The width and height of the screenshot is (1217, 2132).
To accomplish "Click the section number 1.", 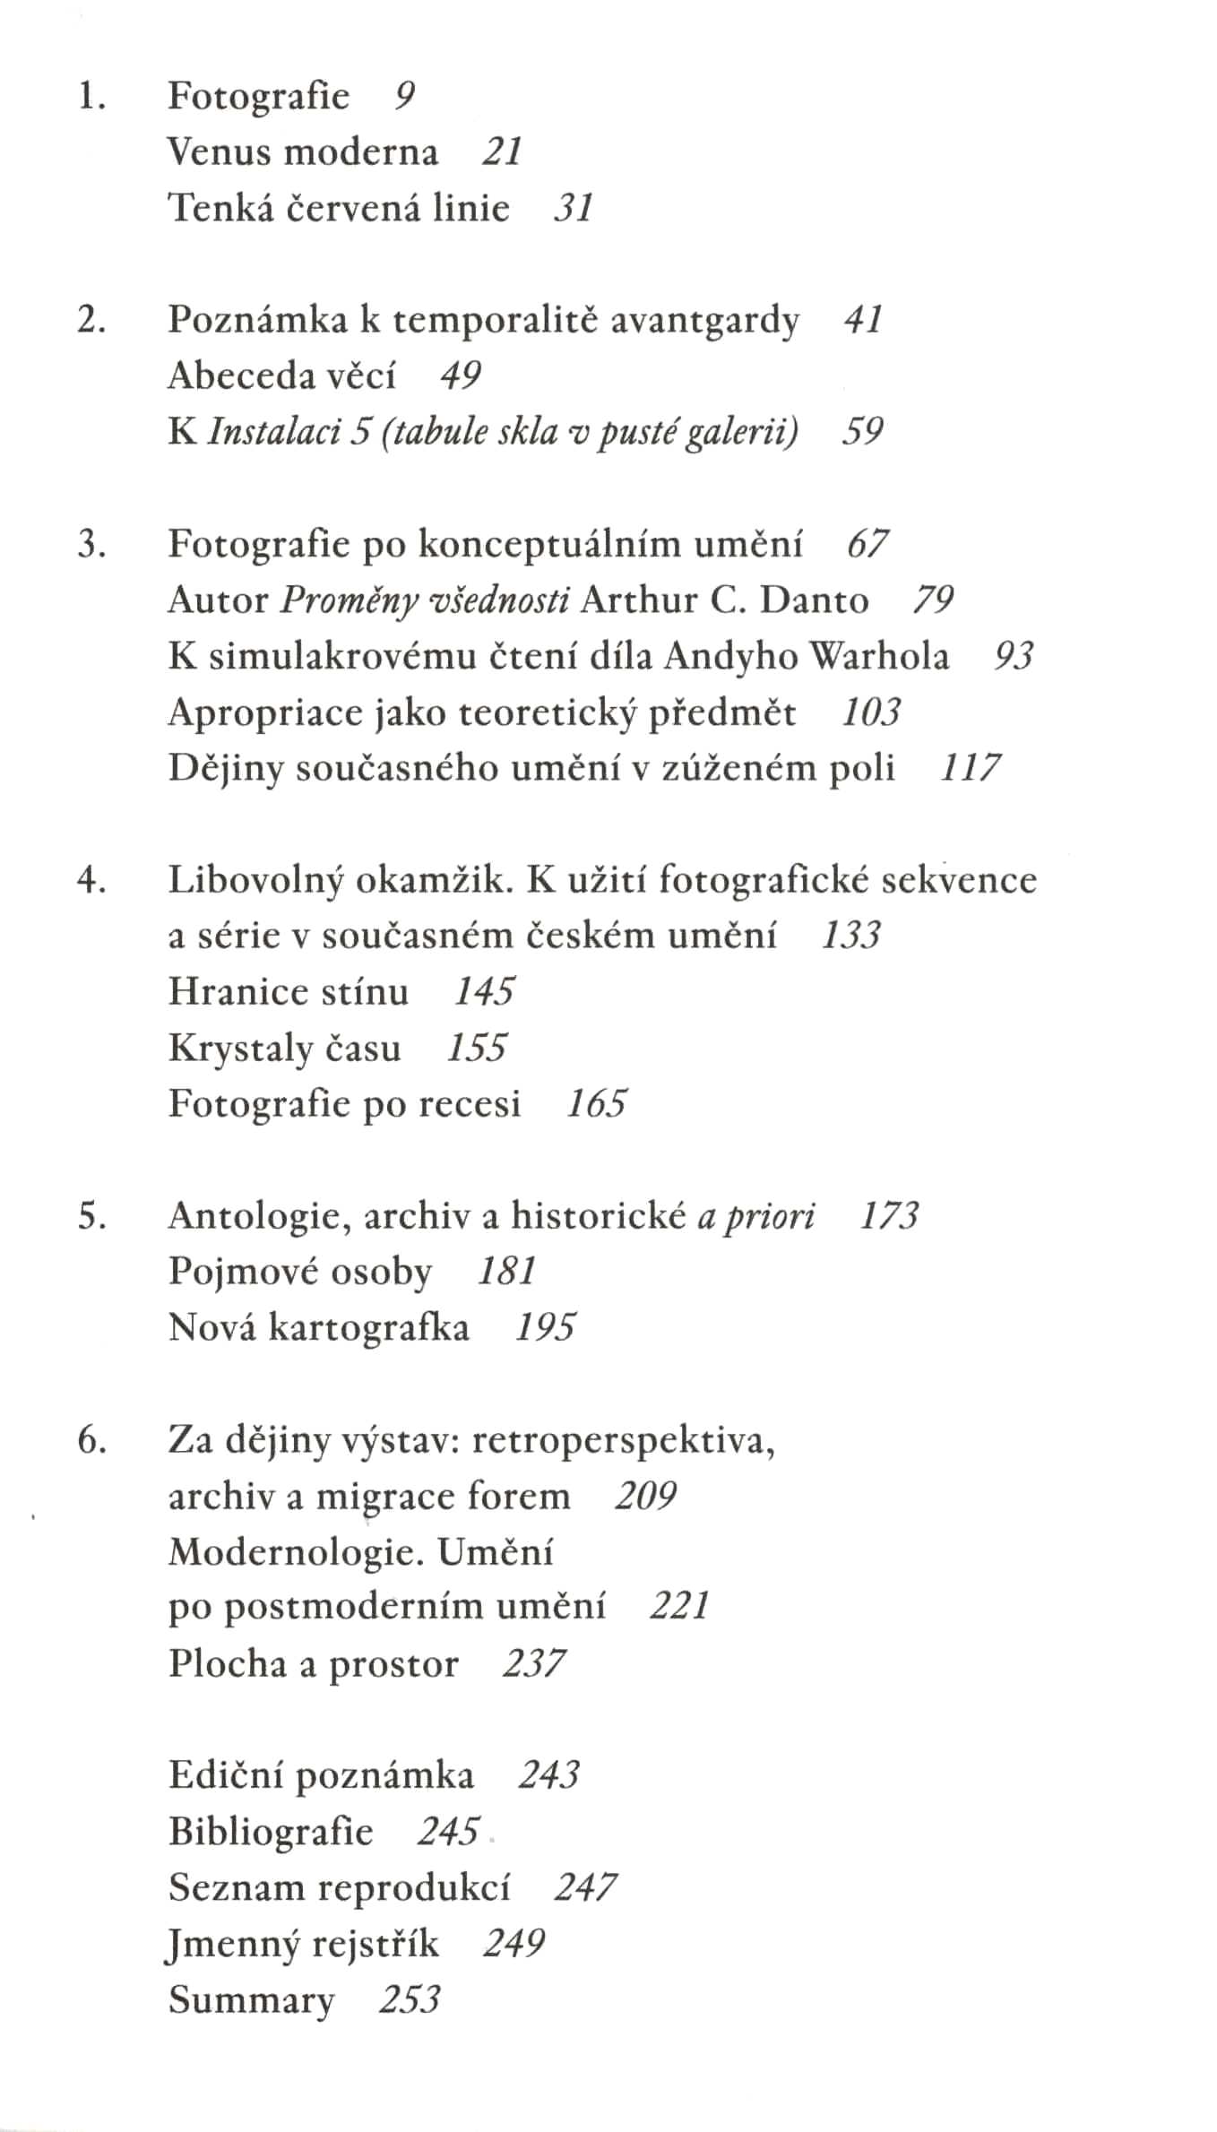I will pyautogui.click(x=91, y=96).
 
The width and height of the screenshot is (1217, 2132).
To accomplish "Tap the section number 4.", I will pyautogui.click(x=91, y=880).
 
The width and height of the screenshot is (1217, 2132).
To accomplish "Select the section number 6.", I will pyautogui.click(x=91, y=1440).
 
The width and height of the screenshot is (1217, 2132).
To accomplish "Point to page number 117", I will pyautogui.click(x=970, y=768).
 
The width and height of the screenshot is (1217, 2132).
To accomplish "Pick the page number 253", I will pyautogui.click(x=410, y=1999).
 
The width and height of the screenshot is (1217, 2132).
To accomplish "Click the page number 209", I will pyautogui.click(x=645, y=1496).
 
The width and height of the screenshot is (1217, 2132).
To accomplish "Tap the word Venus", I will pyautogui.click(x=220, y=151).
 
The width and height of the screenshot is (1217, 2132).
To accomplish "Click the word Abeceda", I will pyautogui.click(x=237, y=375).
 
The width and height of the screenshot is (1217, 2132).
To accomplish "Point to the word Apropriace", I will pyautogui.click(x=264, y=713).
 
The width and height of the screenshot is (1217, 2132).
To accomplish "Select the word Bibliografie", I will pyautogui.click(x=271, y=1832).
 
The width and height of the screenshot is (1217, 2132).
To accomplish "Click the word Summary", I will pyautogui.click(x=251, y=2000).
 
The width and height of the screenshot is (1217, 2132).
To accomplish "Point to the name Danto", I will pyautogui.click(x=814, y=600).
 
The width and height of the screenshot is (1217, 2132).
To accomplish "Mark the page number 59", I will pyautogui.click(x=862, y=431).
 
